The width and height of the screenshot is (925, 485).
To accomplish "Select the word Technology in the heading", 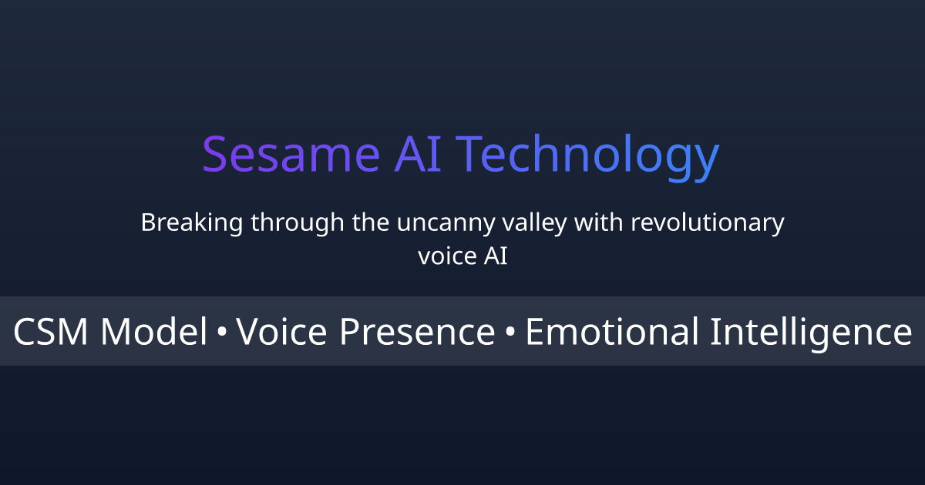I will coord(591,156).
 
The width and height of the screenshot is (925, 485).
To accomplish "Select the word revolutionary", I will coord(708,224).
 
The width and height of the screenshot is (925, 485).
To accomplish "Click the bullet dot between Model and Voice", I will coord(222,333).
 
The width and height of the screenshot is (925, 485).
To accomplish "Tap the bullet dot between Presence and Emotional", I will coord(510,333).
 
